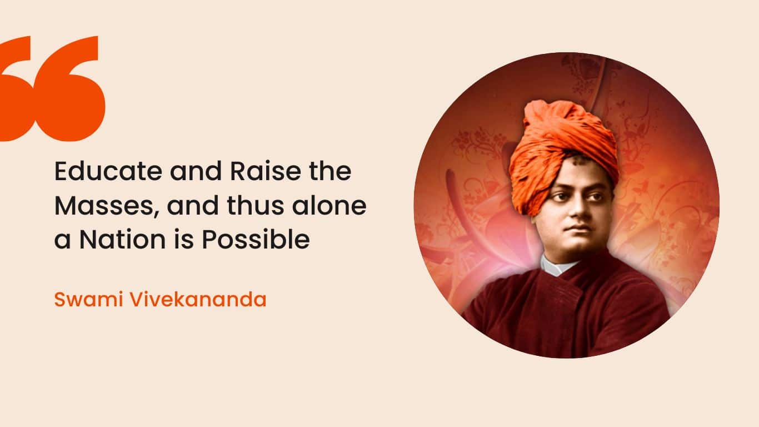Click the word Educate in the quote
tap(108, 171)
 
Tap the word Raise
tap(265, 171)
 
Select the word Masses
tap(104, 206)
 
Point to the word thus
tap(255, 206)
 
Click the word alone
tap(329, 206)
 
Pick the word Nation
tap(122, 240)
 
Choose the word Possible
tap(256, 240)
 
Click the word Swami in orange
tap(88, 300)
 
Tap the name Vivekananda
tap(198, 300)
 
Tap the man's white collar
tap(558, 265)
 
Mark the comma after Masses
tap(156, 213)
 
